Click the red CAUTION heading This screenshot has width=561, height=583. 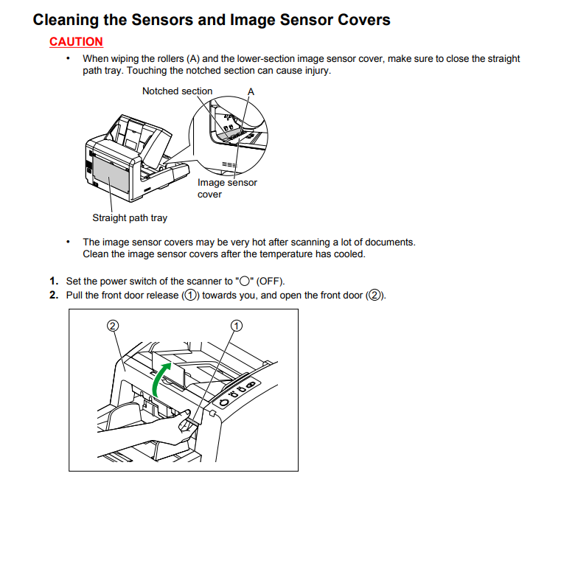[x=76, y=41]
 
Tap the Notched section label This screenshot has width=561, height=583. [x=177, y=91]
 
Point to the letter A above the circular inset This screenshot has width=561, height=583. [x=251, y=91]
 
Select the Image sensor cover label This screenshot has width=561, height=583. [x=227, y=188]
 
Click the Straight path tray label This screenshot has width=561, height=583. [x=130, y=217]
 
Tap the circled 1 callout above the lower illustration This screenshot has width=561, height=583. [x=237, y=325]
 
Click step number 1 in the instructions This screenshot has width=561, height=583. [x=54, y=281]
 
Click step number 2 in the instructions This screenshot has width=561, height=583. [x=54, y=295]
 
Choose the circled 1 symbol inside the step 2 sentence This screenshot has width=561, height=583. [x=190, y=295]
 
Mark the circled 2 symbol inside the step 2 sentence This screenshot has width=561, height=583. [x=375, y=295]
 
